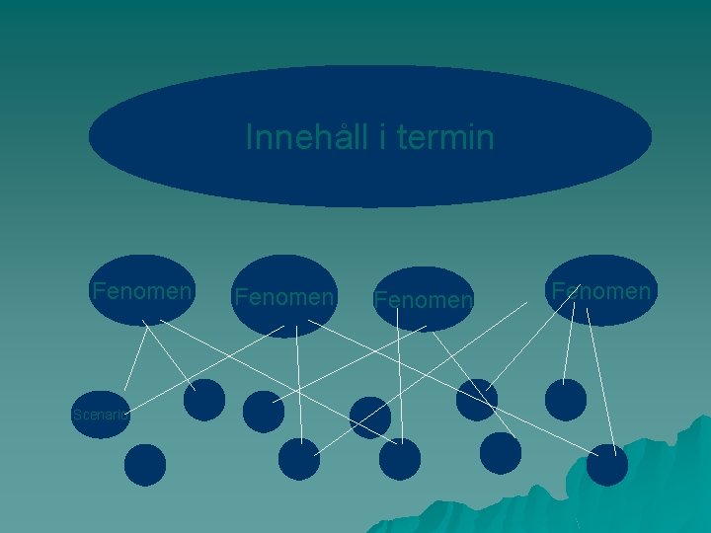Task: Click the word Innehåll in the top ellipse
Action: coord(307,138)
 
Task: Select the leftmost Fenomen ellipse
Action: coord(142,291)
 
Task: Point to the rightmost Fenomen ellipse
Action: coord(601,291)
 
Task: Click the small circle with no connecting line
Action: coord(145,465)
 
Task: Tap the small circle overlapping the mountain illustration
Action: coord(607,465)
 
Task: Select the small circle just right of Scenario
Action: coord(204,400)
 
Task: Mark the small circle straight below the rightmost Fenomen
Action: coord(566,400)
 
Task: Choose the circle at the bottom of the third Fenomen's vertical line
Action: coord(400,460)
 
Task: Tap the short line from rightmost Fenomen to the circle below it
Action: coord(569,345)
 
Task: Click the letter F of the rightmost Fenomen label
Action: coord(558,291)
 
